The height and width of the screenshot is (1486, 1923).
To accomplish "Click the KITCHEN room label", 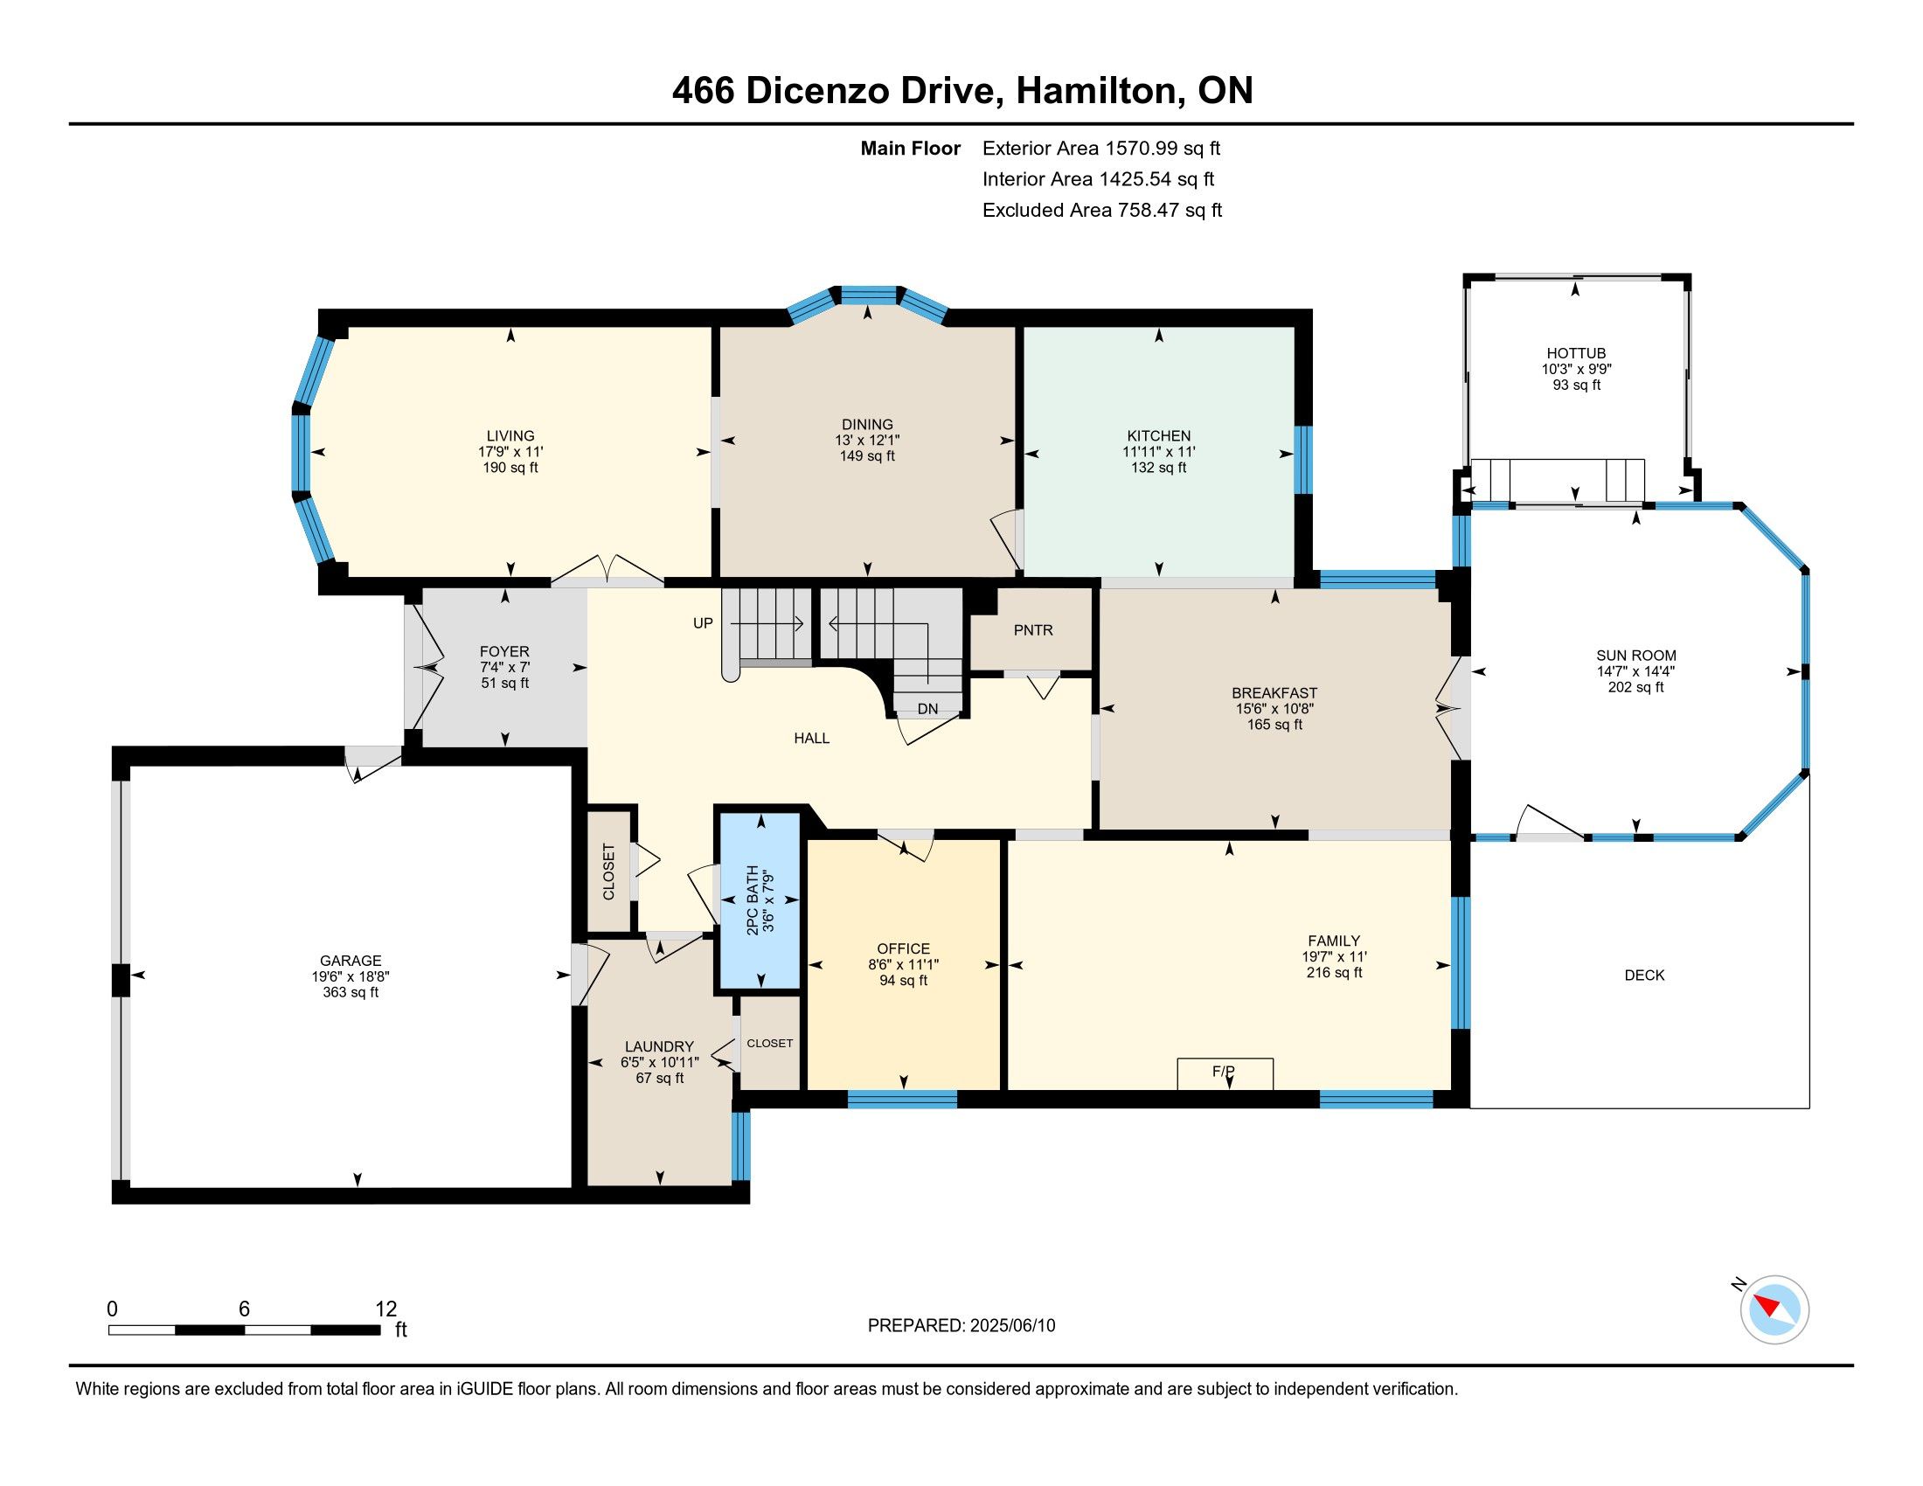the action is tap(1159, 436).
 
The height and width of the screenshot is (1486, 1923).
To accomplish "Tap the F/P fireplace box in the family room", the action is tap(1225, 1073).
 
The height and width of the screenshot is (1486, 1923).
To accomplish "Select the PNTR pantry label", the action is tap(1033, 630).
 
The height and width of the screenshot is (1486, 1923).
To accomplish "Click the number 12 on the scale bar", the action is tap(385, 1309).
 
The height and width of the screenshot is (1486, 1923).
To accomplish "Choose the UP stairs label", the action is tap(703, 623).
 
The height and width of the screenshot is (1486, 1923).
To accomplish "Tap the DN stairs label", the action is tap(927, 709).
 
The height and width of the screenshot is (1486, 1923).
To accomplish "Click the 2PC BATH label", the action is tap(752, 900).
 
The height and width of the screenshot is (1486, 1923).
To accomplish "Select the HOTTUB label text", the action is tap(1576, 353).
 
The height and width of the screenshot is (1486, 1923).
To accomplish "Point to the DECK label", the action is tap(1644, 976).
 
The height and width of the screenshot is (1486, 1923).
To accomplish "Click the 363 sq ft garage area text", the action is tap(351, 992).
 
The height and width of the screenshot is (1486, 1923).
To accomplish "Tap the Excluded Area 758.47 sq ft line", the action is tap(1102, 211).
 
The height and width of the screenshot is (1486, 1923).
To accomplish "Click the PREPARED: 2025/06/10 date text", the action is tap(961, 1326).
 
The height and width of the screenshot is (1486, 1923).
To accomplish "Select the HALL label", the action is tap(812, 739).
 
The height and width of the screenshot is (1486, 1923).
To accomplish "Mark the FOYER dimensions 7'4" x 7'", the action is tap(504, 667).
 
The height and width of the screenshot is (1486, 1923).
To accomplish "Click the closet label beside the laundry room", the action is tap(769, 1043).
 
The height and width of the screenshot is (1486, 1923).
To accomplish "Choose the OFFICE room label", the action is tap(904, 949).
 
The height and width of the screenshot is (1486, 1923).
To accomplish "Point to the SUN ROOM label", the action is tap(1636, 656).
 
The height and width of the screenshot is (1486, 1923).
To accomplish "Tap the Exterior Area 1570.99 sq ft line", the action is tap(1101, 149).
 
